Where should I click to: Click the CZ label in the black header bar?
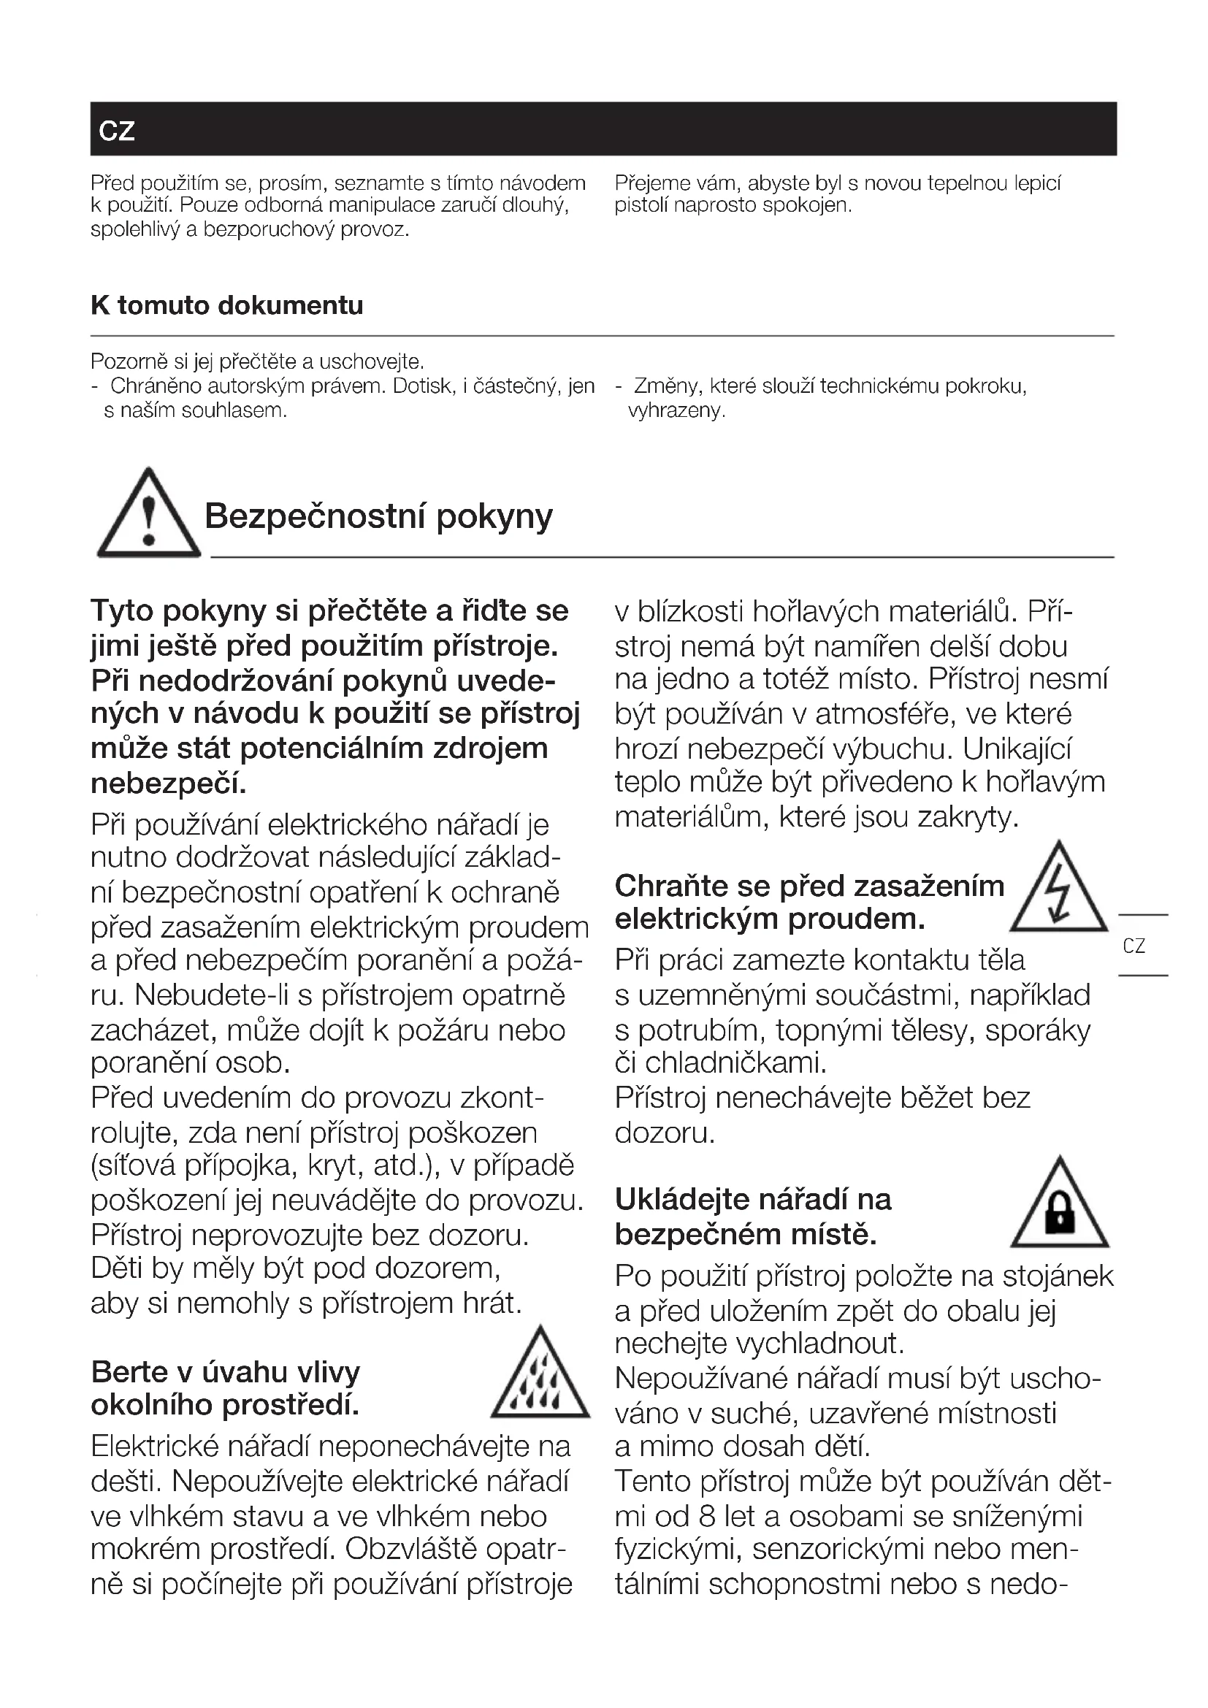tap(117, 131)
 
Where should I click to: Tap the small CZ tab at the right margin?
tap(1134, 946)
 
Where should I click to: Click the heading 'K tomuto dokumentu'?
tap(227, 306)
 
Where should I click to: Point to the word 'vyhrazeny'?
tap(676, 410)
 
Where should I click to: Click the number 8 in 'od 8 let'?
tap(708, 1517)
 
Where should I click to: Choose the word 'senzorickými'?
tap(836, 1550)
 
